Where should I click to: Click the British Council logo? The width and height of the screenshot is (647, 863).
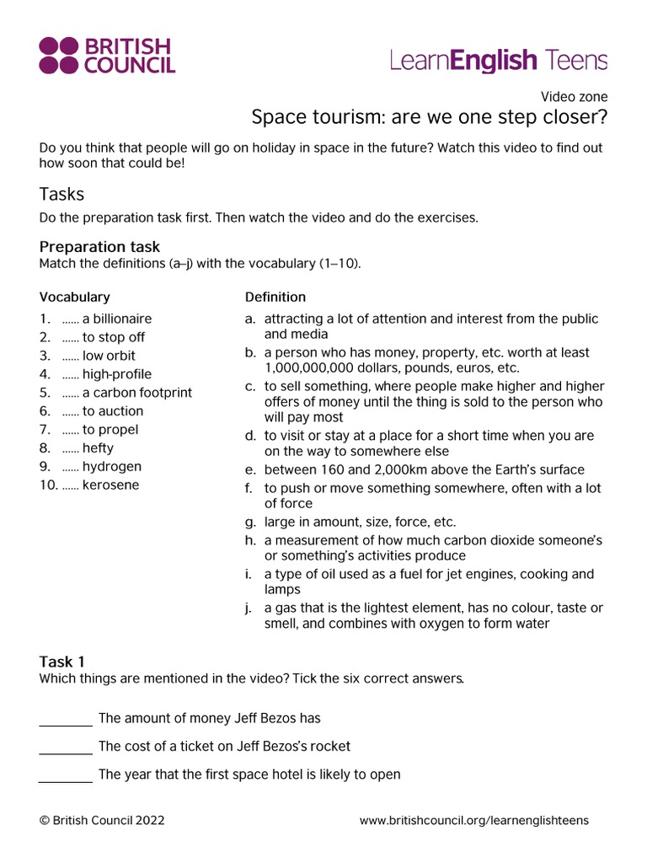(x=107, y=56)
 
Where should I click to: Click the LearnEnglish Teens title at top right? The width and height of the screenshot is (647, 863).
(x=498, y=61)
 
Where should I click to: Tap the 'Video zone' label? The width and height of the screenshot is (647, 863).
(x=574, y=97)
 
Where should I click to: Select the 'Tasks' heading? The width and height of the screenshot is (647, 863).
(x=61, y=194)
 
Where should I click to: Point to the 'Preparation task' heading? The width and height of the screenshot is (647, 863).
(x=99, y=247)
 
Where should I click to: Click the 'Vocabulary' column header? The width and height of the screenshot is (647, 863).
(x=74, y=297)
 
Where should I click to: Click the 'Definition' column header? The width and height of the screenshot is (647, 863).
(x=275, y=297)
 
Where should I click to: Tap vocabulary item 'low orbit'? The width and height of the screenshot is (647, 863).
(x=109, y=356)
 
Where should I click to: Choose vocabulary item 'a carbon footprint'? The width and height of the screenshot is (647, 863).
(x=136, y=393)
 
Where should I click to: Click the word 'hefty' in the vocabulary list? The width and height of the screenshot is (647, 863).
(x=98, y=448)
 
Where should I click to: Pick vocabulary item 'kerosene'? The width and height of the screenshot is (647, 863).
(x=110, y=485)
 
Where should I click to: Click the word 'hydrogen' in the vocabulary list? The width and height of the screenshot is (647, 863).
(x=111, y=467)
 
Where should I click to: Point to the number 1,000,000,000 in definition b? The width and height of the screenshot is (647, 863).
(x=311, y=368)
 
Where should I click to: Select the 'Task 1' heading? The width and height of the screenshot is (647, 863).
(x=61, y=662)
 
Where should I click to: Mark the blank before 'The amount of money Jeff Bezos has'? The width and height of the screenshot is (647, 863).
(x=66, y=719)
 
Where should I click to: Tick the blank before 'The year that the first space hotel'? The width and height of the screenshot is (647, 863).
(x=66, y=775)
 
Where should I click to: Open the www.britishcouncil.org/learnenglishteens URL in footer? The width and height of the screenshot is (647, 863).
(x=473, y=820)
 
